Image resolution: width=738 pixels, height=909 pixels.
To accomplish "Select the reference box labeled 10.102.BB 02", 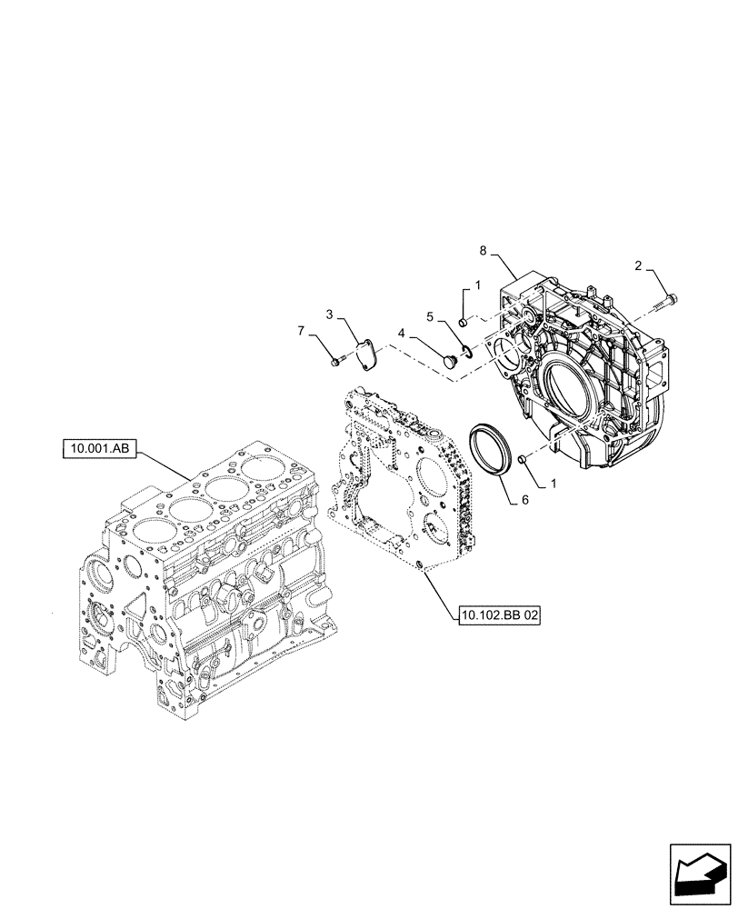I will (499, 615).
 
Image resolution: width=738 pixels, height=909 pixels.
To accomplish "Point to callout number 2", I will (638, 266).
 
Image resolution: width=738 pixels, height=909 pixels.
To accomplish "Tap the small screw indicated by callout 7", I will (337, 363).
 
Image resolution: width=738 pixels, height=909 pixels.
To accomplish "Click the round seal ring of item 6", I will (490, 449).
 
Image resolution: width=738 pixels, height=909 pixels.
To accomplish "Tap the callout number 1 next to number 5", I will (464, 285).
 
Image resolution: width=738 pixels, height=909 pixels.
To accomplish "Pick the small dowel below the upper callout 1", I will (463, 321).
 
